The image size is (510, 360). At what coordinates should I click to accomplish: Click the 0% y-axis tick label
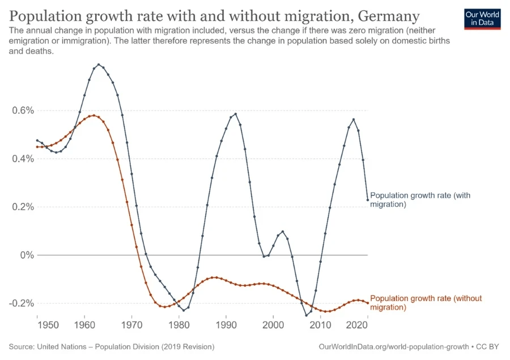coord(23,255)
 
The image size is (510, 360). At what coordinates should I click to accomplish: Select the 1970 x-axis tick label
coord(131,326)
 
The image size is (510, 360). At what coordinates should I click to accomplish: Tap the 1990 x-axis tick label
coord(226,326)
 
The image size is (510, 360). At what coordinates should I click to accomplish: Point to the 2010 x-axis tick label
coord(320,326)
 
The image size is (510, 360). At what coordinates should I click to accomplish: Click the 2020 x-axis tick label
coord(358,326)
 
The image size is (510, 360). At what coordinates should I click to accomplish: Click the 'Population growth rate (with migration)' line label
coord(420,200)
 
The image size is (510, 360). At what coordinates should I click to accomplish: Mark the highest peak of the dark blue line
coord(99,65)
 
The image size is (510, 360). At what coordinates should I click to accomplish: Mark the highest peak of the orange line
coord(93,116)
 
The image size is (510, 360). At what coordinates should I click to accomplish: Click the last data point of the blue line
coord(368,200)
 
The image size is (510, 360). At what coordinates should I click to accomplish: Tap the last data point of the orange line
coord(368,303)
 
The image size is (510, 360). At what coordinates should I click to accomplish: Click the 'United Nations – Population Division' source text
coord(134,346)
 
